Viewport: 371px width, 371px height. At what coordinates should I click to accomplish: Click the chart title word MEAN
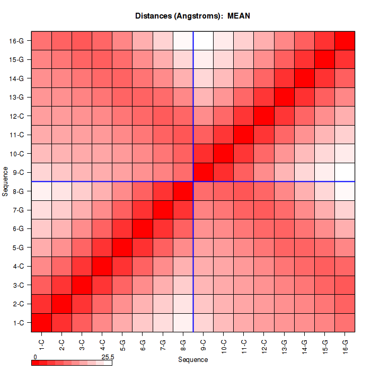[238, 16]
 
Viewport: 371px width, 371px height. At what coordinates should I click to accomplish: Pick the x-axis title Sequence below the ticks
[193, 360]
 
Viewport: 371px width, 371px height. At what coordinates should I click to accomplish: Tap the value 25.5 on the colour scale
[107, 357]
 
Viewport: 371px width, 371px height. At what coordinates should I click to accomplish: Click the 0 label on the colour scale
[35, 357]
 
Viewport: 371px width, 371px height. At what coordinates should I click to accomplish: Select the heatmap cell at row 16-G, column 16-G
[344, 41]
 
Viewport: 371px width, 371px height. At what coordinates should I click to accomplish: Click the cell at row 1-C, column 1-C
[41, 322]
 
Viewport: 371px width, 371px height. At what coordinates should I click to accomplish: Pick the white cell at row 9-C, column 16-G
[344, 172]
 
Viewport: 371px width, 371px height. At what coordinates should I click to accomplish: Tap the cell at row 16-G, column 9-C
[203, 41]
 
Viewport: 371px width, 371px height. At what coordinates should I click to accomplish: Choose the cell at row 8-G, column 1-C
[41, 191]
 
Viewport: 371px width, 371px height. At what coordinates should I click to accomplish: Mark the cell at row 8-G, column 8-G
[183, 191]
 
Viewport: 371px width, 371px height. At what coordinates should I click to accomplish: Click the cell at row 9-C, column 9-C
[203, 172]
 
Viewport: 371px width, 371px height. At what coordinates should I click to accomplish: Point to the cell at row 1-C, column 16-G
[344, 322]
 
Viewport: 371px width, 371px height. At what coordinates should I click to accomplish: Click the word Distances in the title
[154, 16]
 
